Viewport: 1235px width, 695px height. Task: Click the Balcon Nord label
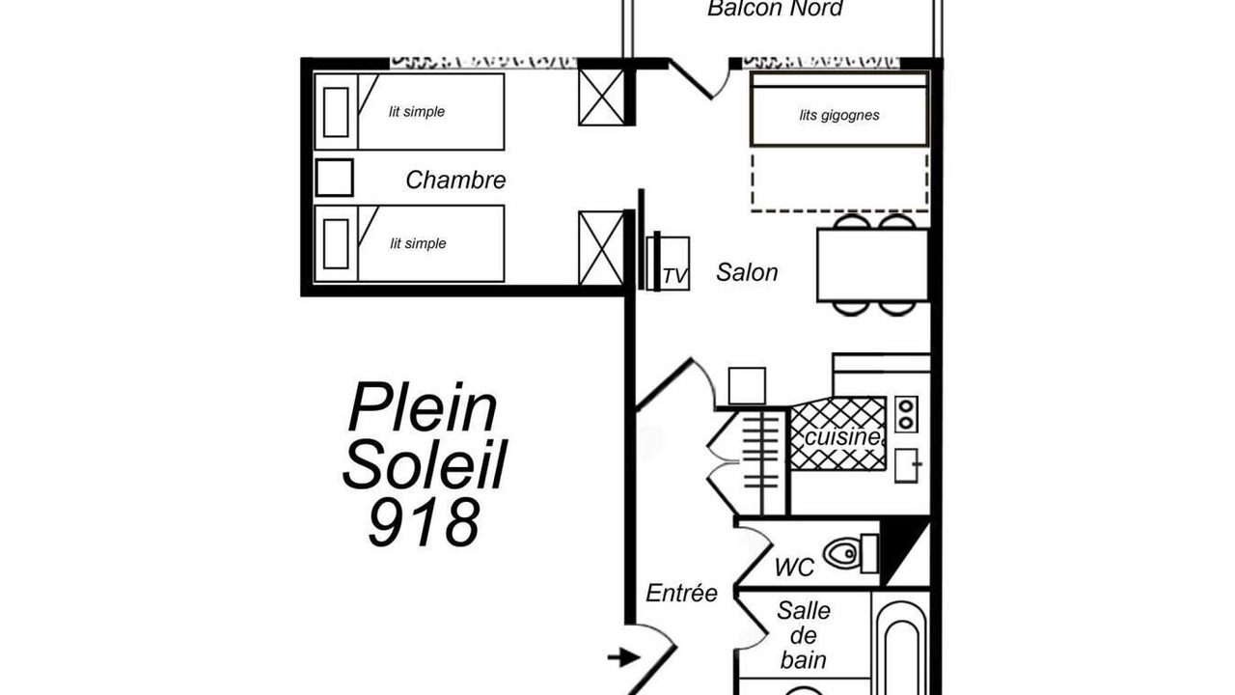click(x=775, y=9)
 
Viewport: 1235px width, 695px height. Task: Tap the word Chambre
click(x=455, y=180)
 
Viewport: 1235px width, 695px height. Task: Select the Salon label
click(x=747, y=272)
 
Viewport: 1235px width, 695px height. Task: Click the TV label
click(x=675, y=276)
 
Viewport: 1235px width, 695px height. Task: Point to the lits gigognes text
click(x=839, y=115)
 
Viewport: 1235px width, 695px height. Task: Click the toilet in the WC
click(x=850, y=553)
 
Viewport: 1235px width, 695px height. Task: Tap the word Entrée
click(x=681, y=594)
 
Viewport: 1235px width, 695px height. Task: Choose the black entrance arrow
click(x=623, y=657)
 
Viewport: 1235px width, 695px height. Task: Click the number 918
click(x=424, y=522)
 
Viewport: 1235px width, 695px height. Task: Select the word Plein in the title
click(x=423, y=407)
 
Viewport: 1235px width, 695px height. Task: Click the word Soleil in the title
click(x=425, y=464)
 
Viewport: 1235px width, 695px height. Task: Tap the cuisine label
click(x=842, y=437)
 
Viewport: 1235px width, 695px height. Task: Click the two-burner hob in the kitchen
click(x=906, y=414)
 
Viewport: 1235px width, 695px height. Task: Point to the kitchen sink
click(x=907, y=465)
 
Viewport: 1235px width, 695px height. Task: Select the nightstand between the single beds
click(x=334, y=178)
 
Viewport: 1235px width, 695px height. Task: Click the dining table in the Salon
click(x=873, y=265)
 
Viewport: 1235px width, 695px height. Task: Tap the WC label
click(x=794, y=567)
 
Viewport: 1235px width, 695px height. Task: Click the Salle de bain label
click(x=804, y=635)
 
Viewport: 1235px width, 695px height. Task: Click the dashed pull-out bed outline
click(x=839, y=210)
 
